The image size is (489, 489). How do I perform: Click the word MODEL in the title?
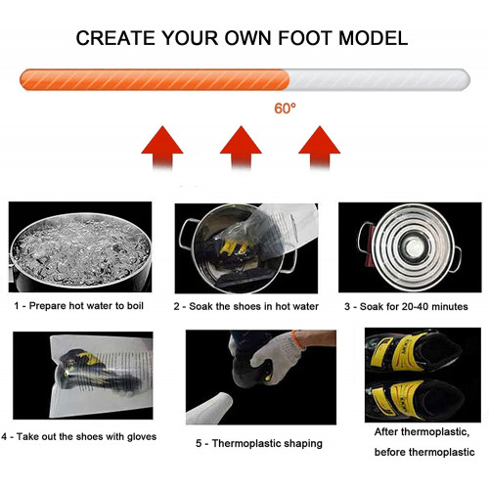click(x=374, y=38)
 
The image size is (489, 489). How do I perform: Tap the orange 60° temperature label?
click(x=286, y=109)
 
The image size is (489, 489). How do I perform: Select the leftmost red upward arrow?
click(x=162, y=148)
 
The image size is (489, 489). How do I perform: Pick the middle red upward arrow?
click(x=241, y=148)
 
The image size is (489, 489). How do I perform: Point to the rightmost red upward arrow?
click(x=320, y=148)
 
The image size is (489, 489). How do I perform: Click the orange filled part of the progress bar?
click(x=155, y=79)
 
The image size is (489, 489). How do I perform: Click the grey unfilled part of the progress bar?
click(x=379, y=79)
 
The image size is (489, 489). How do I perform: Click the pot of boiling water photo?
click(x=80, y=246)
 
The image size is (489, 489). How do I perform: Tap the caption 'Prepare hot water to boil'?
click(x=86, y=306)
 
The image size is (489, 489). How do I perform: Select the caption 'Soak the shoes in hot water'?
click(x=253, y=306)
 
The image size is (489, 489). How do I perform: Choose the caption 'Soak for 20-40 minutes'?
click(x=414, y=306)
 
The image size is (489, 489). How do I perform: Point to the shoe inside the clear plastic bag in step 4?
click(x=95, y=372)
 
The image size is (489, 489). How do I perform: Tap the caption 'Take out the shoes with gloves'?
click(x=86, y=436)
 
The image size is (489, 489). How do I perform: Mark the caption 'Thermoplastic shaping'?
click(x=267, y=443)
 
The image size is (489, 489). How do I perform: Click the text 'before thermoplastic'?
click(x=424, y=452)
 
